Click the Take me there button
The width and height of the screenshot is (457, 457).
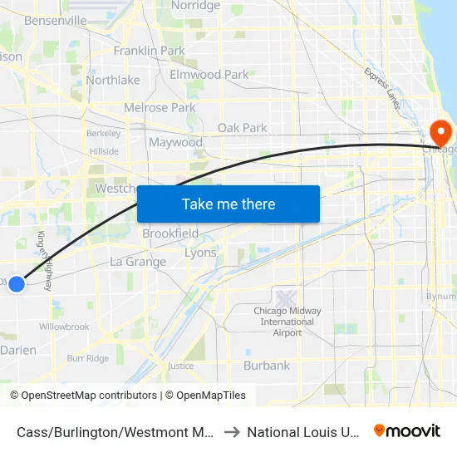tap(228, 204)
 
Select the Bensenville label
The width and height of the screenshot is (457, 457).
tap(56, 19)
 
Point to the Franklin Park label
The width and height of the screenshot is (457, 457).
tap(149, 51)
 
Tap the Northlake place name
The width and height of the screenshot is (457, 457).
tap(113, 81)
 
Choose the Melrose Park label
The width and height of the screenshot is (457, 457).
tap(160, 108)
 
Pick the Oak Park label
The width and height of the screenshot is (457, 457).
tap(242, 128)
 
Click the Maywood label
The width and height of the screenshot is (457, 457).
tap(175, 142)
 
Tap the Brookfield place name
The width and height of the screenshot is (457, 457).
tap(170, 233)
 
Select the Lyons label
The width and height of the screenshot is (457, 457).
tap(200, 253)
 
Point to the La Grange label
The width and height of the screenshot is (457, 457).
tap(138, 262)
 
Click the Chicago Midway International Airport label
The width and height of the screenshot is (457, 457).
tap(287, 322)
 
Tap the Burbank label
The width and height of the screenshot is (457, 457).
tap(267, 366)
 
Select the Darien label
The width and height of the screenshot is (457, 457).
tap(18, 351)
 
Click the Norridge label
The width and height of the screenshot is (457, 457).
tap(195, 6)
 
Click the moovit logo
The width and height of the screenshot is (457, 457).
tap(407, 431)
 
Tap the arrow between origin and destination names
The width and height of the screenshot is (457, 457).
tap(232, 432)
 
